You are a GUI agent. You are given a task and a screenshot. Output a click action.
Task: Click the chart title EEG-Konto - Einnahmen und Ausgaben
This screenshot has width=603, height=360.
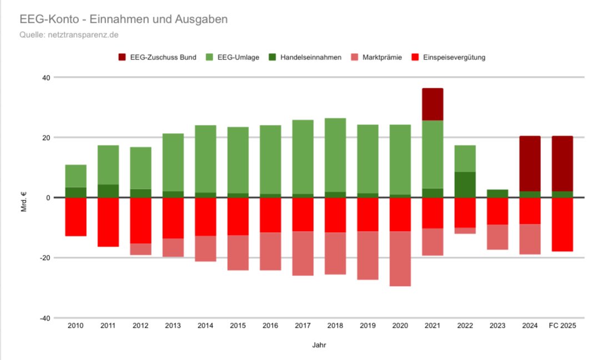(123, 19)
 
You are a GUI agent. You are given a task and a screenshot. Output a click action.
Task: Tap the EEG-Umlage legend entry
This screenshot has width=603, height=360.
(235, 57)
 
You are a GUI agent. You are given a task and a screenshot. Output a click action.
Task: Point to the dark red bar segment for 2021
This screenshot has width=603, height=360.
(432, 104)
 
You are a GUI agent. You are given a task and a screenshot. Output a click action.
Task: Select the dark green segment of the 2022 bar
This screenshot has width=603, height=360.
(465, 184)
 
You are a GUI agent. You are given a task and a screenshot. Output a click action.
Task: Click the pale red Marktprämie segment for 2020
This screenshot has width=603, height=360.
(400, 258)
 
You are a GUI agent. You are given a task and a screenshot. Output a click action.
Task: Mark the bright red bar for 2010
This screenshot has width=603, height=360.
(76, 217)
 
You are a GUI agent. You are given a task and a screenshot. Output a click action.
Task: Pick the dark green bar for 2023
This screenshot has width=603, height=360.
(497, 193)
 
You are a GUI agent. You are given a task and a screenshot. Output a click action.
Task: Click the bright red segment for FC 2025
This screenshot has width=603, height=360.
(562, 224)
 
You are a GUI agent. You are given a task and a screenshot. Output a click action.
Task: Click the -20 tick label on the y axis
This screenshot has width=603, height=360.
(44, 258)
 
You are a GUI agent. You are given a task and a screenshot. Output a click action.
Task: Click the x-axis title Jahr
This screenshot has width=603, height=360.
(319, 345)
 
